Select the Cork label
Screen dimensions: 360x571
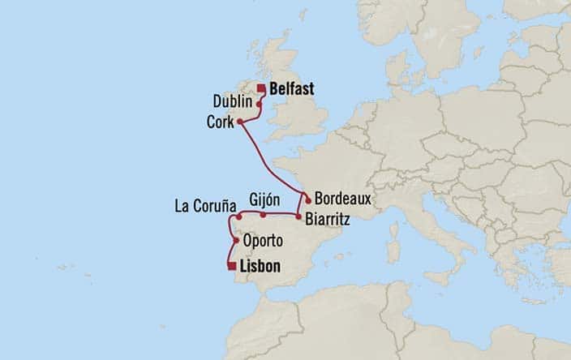pos(221,122)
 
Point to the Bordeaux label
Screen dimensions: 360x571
pos(344,197)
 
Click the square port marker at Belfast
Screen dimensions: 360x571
pos(261,89)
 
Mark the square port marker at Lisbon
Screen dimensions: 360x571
pos(231,266)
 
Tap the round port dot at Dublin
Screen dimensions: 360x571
pos(259,104)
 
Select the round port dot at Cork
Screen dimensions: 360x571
pos(239,122)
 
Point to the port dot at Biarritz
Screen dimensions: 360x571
pos(298,216)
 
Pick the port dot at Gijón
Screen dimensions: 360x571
pos(264,216)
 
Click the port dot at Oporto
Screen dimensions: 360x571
pos(236,240)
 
